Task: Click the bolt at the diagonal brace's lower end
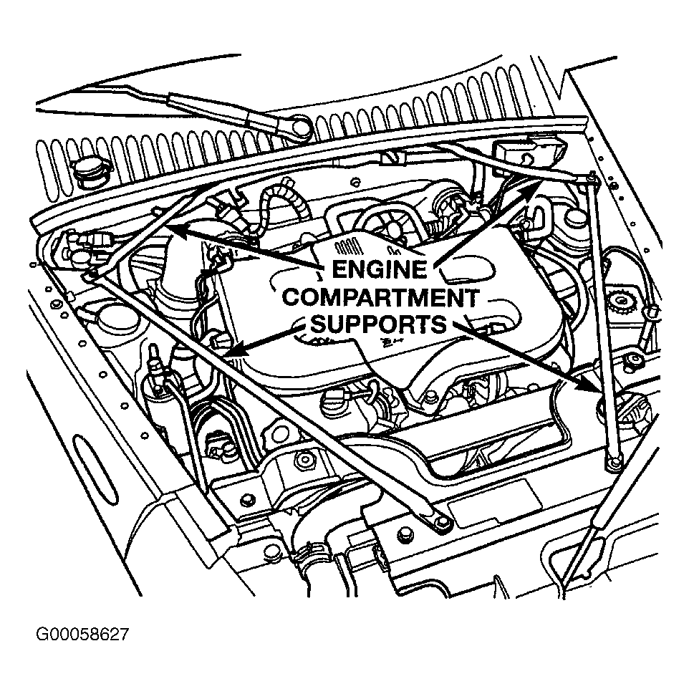443,522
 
